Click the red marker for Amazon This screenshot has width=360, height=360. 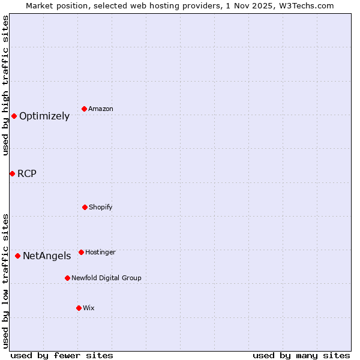85,109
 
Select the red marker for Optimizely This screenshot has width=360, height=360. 14,116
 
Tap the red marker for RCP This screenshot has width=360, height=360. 12,173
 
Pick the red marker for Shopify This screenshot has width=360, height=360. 85,207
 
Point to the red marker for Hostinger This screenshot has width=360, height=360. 81,252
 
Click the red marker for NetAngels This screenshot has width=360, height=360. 17,256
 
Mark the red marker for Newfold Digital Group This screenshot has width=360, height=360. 67,278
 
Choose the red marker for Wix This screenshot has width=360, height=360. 79,308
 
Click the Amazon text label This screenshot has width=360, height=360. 101,109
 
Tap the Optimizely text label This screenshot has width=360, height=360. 44,116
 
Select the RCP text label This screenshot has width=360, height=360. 27,174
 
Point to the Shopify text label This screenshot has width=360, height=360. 101,208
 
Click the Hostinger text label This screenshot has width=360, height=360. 100,253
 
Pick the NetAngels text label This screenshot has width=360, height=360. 47,256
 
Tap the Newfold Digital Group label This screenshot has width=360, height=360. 106,278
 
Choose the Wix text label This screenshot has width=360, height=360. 89,308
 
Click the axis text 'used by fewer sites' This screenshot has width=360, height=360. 62,355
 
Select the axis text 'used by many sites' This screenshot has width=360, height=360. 301,355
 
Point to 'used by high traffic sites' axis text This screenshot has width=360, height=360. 5,85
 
